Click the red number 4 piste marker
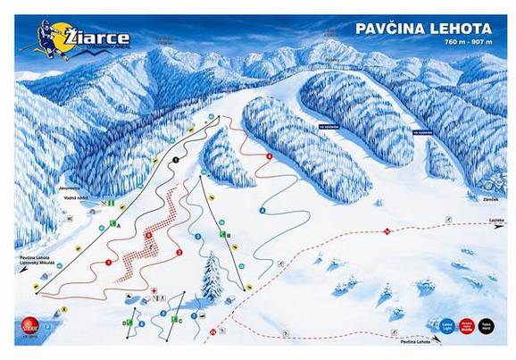[270, 157]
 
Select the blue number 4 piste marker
[262, 209]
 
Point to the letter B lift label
[229, 235]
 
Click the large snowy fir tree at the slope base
[212, 277]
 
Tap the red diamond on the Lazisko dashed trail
[387, 231]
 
